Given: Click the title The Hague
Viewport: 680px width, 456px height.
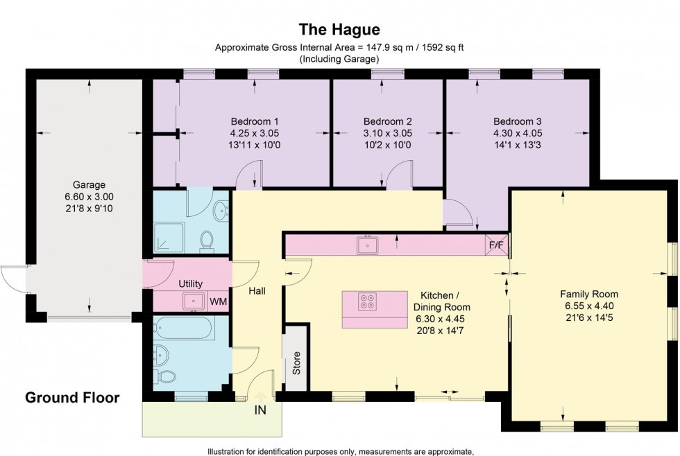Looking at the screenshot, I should (339, 29).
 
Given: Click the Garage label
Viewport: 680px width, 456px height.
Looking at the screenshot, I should (89, 185).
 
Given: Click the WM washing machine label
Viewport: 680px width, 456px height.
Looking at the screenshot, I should (218, 301).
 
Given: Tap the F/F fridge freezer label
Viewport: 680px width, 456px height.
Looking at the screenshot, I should (497, 245).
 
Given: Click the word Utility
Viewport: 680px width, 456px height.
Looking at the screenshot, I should (190, 284).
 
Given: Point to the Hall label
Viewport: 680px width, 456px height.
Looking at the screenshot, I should (257, 292).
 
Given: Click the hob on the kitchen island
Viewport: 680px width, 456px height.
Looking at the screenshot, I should (366, 301).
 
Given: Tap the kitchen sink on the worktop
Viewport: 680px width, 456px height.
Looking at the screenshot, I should (366, 244).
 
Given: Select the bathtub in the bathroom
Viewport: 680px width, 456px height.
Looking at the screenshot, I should (186, 327).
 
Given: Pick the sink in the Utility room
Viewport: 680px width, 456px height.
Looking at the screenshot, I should (193, 301).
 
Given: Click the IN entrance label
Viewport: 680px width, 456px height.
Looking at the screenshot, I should (260, 410).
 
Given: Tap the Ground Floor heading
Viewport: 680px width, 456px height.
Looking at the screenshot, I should (72, 398).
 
